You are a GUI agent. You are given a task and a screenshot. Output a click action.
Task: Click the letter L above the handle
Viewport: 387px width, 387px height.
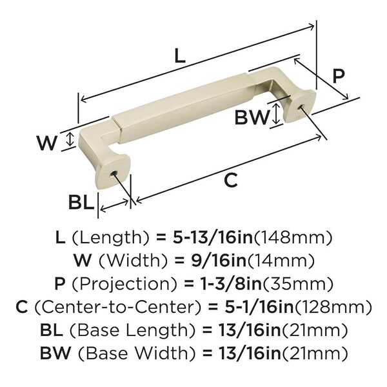pos(180,55)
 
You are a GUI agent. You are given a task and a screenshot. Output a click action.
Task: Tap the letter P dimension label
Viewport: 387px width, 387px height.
pos(338,76)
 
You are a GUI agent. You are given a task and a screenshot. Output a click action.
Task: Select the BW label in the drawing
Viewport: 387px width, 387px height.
pos(251,117)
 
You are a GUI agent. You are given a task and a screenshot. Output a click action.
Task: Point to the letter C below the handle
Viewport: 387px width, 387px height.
pos(231,180)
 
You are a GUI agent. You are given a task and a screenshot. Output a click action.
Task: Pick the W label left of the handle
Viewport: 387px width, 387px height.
pos(47,143)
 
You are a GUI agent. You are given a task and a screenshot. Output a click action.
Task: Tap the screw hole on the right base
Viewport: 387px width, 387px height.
pos(301,107)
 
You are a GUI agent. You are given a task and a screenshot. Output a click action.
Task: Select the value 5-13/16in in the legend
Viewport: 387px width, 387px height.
pos(212,237)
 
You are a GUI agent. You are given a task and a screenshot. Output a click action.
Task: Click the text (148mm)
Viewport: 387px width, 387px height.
pos(293,237)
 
